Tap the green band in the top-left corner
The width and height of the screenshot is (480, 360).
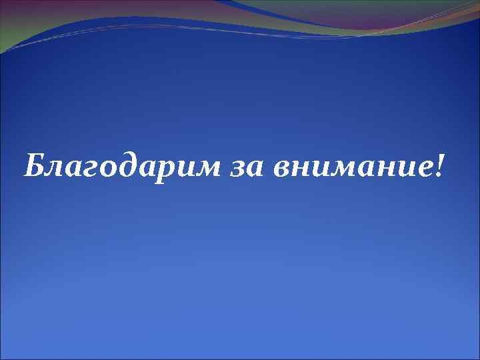pos(13,20)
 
